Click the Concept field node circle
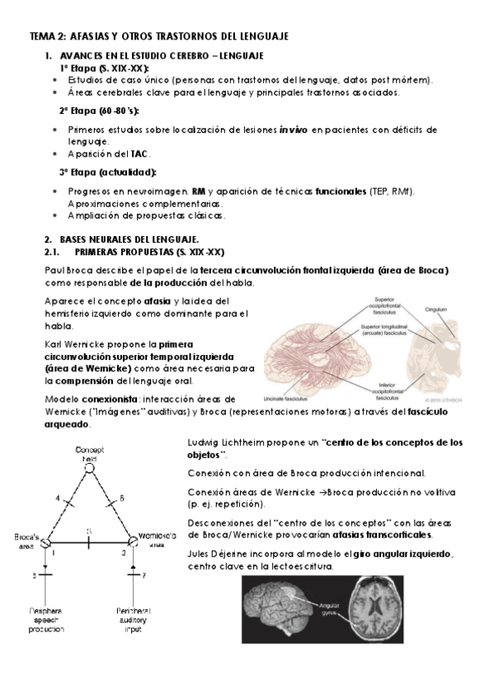[x=88, y=467]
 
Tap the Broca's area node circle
[x=47, y=542]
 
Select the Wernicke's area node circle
[x=131, y=542]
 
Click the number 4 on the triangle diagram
[x=58, y=499]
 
